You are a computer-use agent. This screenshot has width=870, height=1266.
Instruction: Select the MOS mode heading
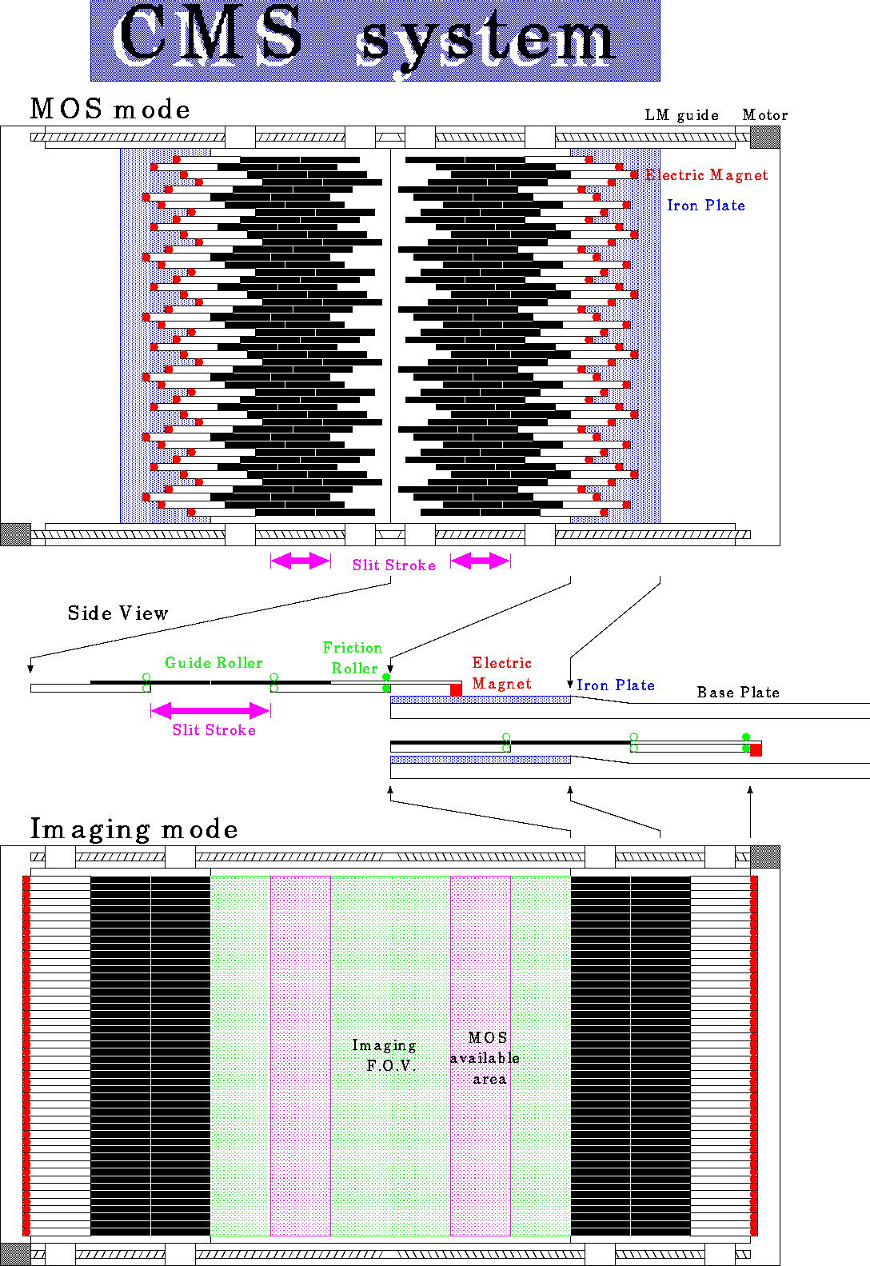(x=110, y=109)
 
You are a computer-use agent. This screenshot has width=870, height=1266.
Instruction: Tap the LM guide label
(x=682, y=115)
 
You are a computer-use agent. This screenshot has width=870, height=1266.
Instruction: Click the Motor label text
(x=765, y=114)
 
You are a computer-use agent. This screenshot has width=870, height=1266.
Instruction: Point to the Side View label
(x=118, y=613)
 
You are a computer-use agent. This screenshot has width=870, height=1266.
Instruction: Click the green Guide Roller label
(x=214, y=662)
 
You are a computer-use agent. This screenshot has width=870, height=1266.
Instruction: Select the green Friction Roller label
(x=353, y=658)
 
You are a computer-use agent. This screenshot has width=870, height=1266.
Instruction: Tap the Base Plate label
(x=738, y=692)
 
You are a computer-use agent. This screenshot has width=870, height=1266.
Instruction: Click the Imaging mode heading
(x=134, y=829)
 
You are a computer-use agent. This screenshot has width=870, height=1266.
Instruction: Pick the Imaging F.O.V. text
(x=385, y=1055)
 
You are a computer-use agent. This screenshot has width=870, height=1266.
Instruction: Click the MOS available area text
(x=485, y=1058)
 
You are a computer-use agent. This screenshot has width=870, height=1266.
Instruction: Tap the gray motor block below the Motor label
(x=765, y=138)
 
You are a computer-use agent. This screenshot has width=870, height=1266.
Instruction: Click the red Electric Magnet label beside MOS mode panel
(x=707, y=174)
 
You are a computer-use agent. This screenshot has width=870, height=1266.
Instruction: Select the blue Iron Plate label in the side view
(x=615, y=685)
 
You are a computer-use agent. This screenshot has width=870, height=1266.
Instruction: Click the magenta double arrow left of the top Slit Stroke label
(x=301, y=561)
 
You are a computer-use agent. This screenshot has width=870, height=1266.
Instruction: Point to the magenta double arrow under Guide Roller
(x=211, y=710)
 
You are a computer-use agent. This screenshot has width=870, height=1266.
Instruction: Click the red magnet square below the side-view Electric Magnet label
(x=456, y=689)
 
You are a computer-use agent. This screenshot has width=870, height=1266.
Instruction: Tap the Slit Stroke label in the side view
(x=214, y=729)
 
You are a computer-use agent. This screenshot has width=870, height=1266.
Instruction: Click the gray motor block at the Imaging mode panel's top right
(x=765, y=857)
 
